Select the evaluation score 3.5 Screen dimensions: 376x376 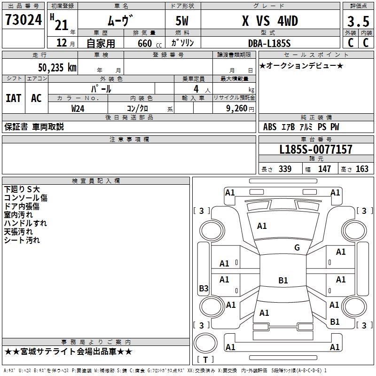pos(358,22)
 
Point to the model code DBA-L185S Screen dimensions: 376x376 pos(269,43)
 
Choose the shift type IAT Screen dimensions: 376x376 pos(13,98)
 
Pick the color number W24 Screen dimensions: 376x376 pos(78,108)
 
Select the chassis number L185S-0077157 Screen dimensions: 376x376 pos(315,150)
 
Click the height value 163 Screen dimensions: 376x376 pos(362,169)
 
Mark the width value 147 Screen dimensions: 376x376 pos(324,169)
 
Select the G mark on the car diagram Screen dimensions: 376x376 pos(297,248)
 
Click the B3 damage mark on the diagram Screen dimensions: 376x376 pos(204,289)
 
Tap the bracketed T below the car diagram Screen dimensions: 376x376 pos(205,360)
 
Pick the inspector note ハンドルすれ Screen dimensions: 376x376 pos(25,223)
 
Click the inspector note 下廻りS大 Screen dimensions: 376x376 pos(22,189)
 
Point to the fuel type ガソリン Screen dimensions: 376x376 pos(183,43)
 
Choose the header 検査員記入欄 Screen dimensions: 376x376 pos(96,180)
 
